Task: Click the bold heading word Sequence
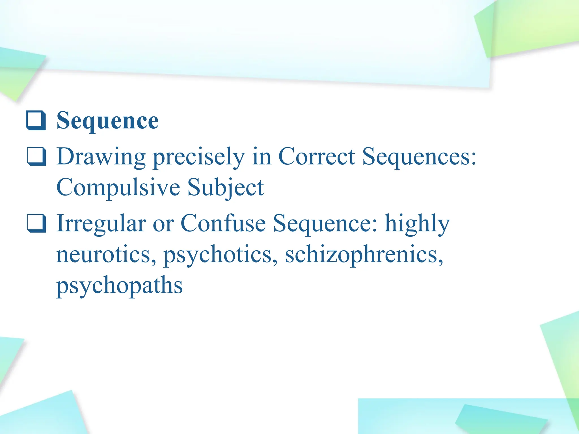click(x=107, y=121)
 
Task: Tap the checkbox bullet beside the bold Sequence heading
click(x=36, y=121)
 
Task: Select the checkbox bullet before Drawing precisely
click(x=36, y=156)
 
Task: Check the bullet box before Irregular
click(x=36, y=223)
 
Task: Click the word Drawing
click(x=101, y=157)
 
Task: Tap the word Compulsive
click(x=118, y=188)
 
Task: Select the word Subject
click(x=226, y=188)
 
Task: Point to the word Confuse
click(x=223, y=223)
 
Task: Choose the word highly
click(x=417, y=224)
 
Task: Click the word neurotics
click(x=106, y=255)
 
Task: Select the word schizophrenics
click(x=364, y=255)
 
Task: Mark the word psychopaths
click(x=119, y=286)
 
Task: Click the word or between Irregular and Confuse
click(x=163, y=224)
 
